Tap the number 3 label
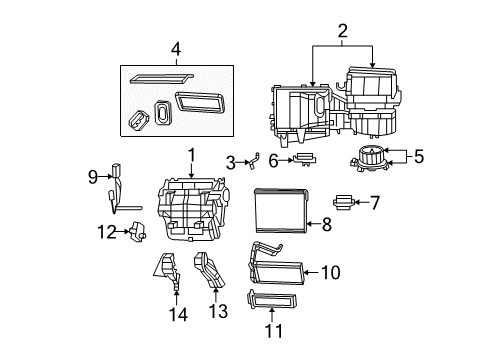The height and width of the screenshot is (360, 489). point(229,162)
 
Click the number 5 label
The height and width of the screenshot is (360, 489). point(419,156)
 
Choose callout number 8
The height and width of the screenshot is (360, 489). point(326,226)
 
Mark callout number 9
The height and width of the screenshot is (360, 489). point(93,178)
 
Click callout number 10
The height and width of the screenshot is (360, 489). point(335,270)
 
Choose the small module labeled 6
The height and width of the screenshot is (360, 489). point(307,159)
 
